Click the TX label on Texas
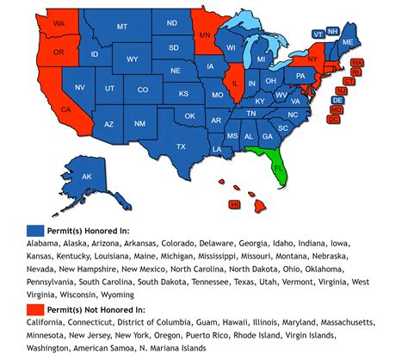pyautogui.click(x=181, y=146)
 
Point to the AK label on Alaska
pyautogui.click(x=87, y=177)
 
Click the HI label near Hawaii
pyautogui.click(x=234, y=204)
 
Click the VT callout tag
pyautogui.click(x=318, y=33)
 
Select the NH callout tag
pyautogui.click(x=333, y=31)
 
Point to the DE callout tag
pyautogui.click(x=337, y=100)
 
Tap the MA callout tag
pyautogui.click(x=356, y=62)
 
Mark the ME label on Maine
pyautogui.click(x=348, y=42)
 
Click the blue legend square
pyautogui.click(x=34, y=230)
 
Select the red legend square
pyautogui.click(x=34, y=307)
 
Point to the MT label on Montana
pyautogui.click(x=121, y=27)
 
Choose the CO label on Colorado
pyautogui.click(x=142, y=90)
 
